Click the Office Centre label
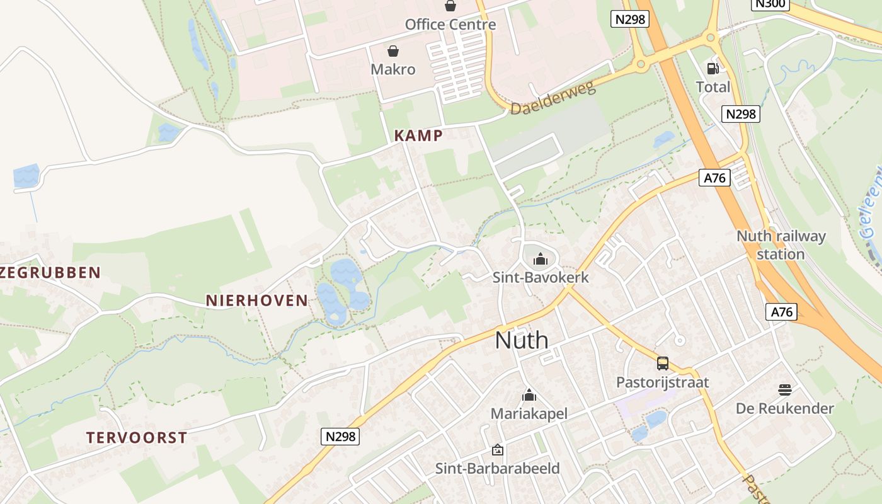pyautogui.click(x=450, y=25)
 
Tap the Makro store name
pyautogui.click(x=393, y=69)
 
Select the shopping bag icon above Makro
pyautogui.click(x=393, y=50)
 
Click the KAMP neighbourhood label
pyautogui.click(x=418, y=135)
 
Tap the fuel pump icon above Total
pyautogui.click(x=713, y=69)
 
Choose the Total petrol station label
pyautogui.click(x=713, y=87)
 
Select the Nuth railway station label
pyautogui.click(x=781, y=245)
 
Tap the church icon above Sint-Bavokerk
pyautogui.click(x=540, y=258)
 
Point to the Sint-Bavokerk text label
pyautogui.click(x=541, y=277)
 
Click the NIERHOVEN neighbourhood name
pyautogui.click(x=257, y=301)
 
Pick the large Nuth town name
pyautogui.click(x=522, y=340)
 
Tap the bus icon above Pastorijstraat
pyautogui.click(x=663, y=364)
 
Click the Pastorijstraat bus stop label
pyautogui.click(x=662, y=382)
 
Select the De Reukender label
pyautogui.click(x=785, y=408)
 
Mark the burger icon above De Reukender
pyautogui.click(x=784, y=389)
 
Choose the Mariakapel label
pyautogui.click(x=529, y=414)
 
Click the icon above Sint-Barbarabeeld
pyautogui.click(x=498, y=450)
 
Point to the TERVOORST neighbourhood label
pyautogui.click(x=137, y=438)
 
